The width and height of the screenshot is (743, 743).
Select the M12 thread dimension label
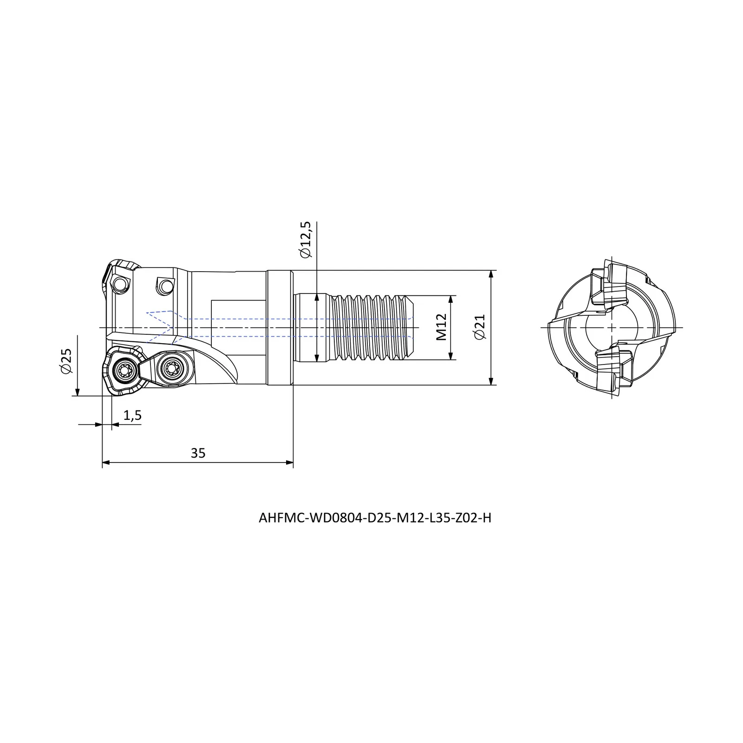(x=442, y=327)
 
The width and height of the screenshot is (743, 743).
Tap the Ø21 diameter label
(x=480, y=327)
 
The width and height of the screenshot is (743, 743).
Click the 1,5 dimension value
(x=132, y=416)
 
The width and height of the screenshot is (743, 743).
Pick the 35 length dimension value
(x=198, y=453)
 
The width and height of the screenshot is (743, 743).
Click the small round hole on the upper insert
(x=122, y=284)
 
